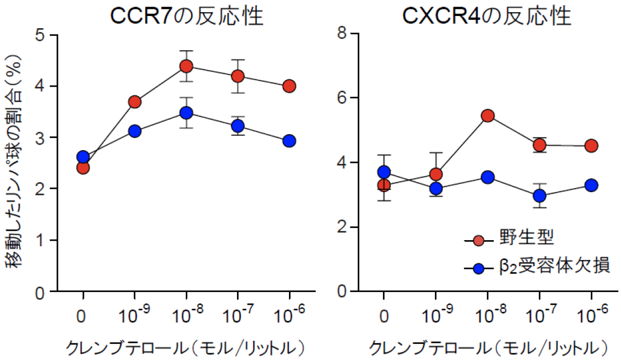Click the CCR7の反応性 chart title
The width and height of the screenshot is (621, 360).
pos(186,17)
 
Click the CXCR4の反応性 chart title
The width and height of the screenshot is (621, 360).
pos(486,17)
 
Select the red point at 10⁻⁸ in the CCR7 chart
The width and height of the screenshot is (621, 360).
pos(186,66)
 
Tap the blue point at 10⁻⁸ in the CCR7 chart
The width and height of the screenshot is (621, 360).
pos(186,113)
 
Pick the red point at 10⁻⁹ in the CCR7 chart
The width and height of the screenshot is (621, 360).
pos(134,102)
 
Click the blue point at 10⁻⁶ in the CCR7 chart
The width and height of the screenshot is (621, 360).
pos(289,141)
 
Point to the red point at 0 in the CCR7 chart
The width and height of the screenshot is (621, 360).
pos(83,167)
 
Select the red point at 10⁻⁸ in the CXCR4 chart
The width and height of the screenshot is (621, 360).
pos(487,115)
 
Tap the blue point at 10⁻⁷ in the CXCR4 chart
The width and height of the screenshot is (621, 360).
pos(539,195)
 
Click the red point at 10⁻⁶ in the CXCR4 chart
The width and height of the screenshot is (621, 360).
pos(591,146)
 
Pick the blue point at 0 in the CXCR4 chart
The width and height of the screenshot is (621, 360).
pos(384,172)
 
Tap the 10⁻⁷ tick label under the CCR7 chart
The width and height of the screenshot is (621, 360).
pos(238,317)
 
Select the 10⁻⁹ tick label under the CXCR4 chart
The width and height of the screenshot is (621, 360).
pos(435,317)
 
